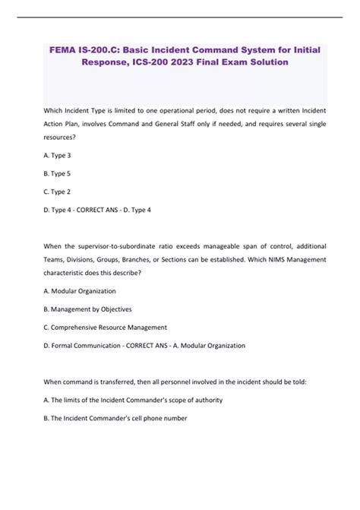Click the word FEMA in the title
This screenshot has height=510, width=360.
click(61, 49)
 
